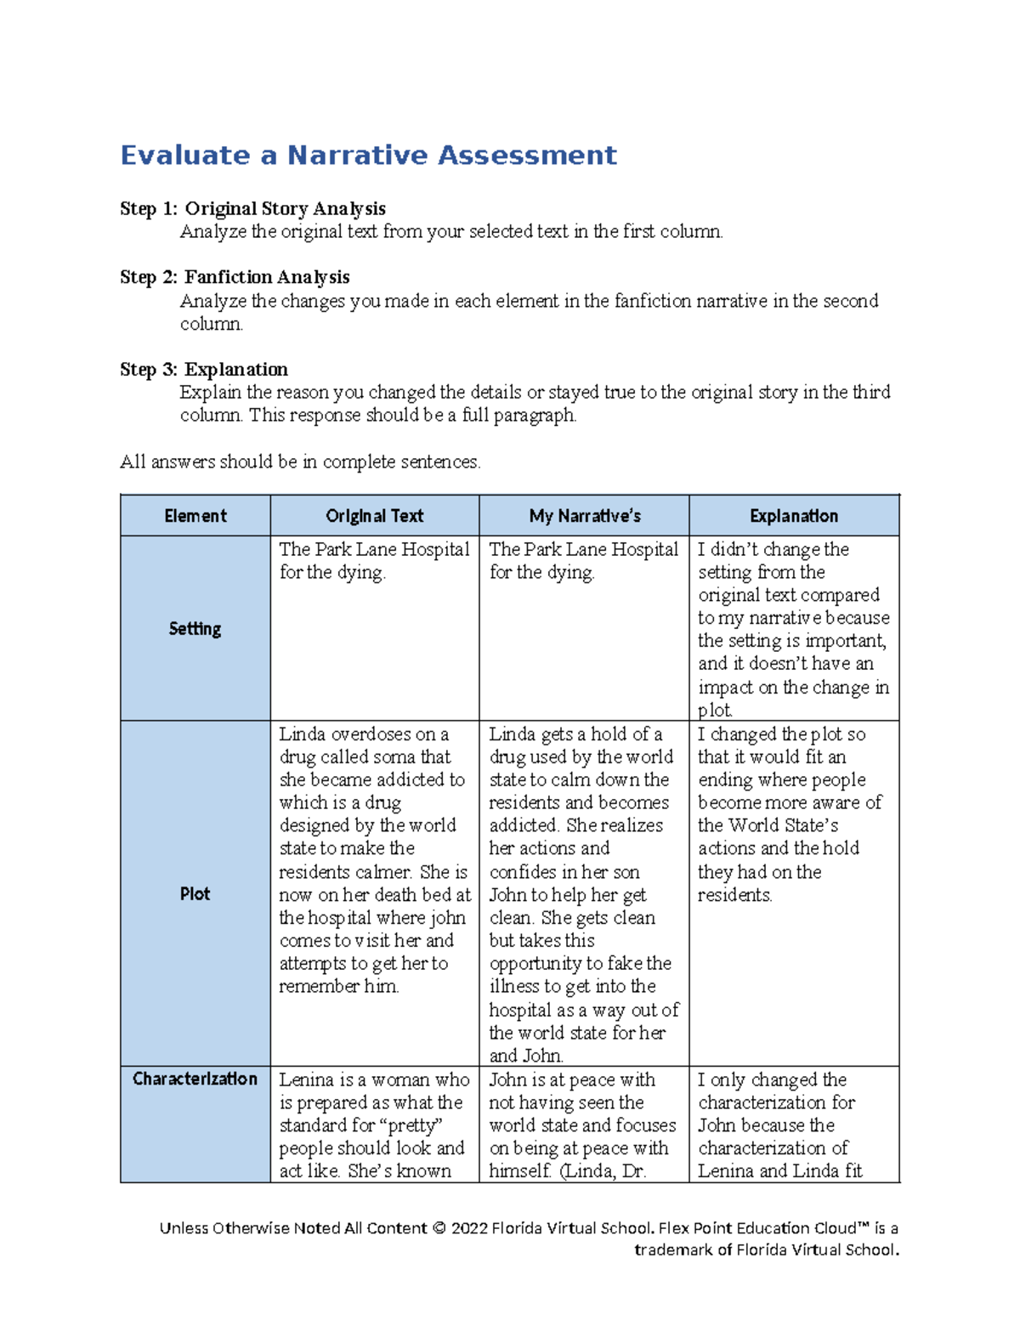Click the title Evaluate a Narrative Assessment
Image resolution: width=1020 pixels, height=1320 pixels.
pyautogui.click(x=368, y=156)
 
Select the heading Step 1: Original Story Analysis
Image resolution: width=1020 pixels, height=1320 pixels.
pyautogui.click(x=252, y=209)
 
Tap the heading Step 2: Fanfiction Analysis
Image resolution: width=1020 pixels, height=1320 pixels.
pyautogui.click(x=235, y=277)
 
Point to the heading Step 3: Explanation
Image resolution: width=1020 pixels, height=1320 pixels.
pyautogui.click(x=204, y=370)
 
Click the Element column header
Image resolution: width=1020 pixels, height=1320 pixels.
pyautogui.click(x=195, y=516)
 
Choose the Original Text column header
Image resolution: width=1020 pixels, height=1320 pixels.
pyautogui.click(x=374, y=516)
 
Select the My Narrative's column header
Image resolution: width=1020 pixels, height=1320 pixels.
pyautogui.click(x=584, y=516)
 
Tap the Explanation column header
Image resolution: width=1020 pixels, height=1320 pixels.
pyautogui.click(x=793, y=516)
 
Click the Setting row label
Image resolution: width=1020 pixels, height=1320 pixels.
pyautogui.click(x=195, y=629)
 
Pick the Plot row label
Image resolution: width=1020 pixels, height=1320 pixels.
pyautogui.click(x=195, y=894)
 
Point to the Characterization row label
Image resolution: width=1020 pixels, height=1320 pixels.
pyautogui.click(x=195, y=1079)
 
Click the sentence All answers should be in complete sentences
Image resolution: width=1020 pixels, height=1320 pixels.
pyautogui.click(x=300, y=462)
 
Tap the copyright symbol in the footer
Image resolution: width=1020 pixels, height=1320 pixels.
pyautogui.click(x=439, y=1228)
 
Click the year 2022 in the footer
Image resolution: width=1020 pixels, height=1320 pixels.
pyautogui.click(x=469, y=1228)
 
